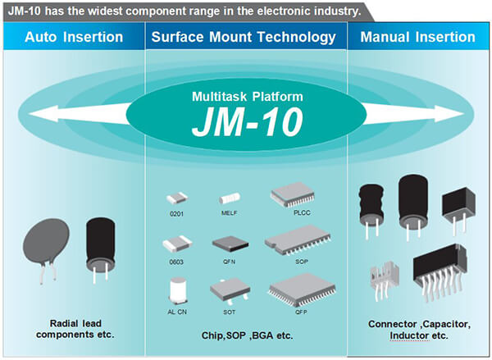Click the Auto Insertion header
[74, 37]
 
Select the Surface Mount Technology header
[244, 37]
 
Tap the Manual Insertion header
[418, 37]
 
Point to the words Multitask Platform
[247, 97]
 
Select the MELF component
[229, 198]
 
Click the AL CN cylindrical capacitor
[177, 290]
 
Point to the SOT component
[229, 290]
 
